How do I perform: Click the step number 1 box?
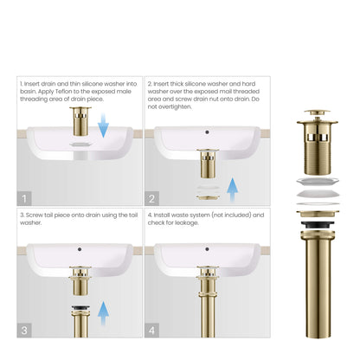coord(25,197)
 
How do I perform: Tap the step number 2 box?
coord(151,197)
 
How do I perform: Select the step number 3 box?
coord(25,329)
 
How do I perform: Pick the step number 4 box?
coord(151,329)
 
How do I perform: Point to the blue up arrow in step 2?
coord(233,187)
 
